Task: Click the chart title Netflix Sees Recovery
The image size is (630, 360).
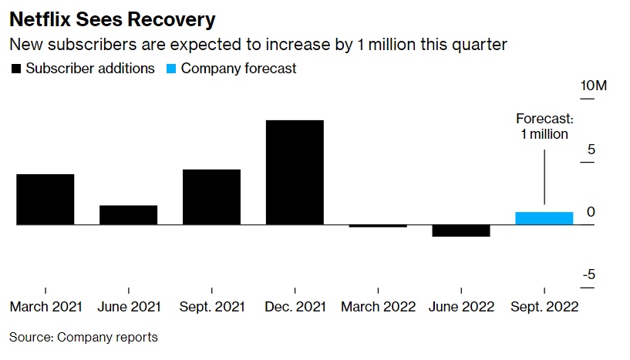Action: pos(113,18)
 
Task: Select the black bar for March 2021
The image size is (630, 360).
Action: pos(45,200)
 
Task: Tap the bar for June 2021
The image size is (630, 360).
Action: pos(129,215)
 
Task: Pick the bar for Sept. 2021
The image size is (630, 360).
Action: pos(211,197)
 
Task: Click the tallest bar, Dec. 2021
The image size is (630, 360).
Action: pos(295,173)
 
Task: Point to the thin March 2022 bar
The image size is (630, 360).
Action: pos(378,226)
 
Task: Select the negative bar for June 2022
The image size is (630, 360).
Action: pos(461,230)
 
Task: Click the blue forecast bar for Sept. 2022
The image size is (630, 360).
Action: pos(544,218)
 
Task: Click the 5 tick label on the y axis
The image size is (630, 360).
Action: pos(591,149)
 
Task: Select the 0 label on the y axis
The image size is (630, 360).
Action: pos(591,212)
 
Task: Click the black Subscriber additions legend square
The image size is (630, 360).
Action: pos(15,69)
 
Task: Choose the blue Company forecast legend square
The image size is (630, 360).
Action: pos(171,69)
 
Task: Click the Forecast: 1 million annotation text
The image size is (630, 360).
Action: pos(544,126)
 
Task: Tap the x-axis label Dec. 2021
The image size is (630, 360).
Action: pos(295,306)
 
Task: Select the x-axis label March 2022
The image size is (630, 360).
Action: pos(378,306)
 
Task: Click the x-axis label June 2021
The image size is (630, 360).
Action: pos(129,306)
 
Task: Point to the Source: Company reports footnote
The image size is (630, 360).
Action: pos(83,337)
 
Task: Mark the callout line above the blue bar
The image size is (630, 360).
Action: pos(544,177)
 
